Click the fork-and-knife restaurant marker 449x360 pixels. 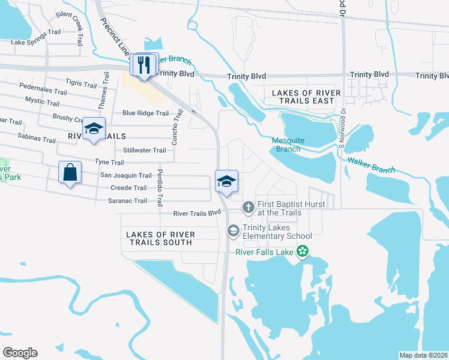[x=144, y=65]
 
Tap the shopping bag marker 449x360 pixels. [x=70, y=173]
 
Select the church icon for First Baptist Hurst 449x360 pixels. [x=247, y=208]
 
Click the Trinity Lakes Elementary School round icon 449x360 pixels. [x=232, y=230]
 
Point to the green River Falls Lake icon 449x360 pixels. [x=304, y=252]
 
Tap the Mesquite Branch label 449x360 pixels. [x=288, y=145]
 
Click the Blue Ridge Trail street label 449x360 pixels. [x=145, y=113]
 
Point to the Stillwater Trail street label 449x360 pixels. [x=144, y=151]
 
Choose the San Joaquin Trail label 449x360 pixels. [x=125, y=175]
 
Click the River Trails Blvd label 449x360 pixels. [x=197, y=213]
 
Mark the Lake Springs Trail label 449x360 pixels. [x=36, y=42]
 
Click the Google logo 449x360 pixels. [x=20, y=353]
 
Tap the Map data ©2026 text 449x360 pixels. [x=423, y=355]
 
